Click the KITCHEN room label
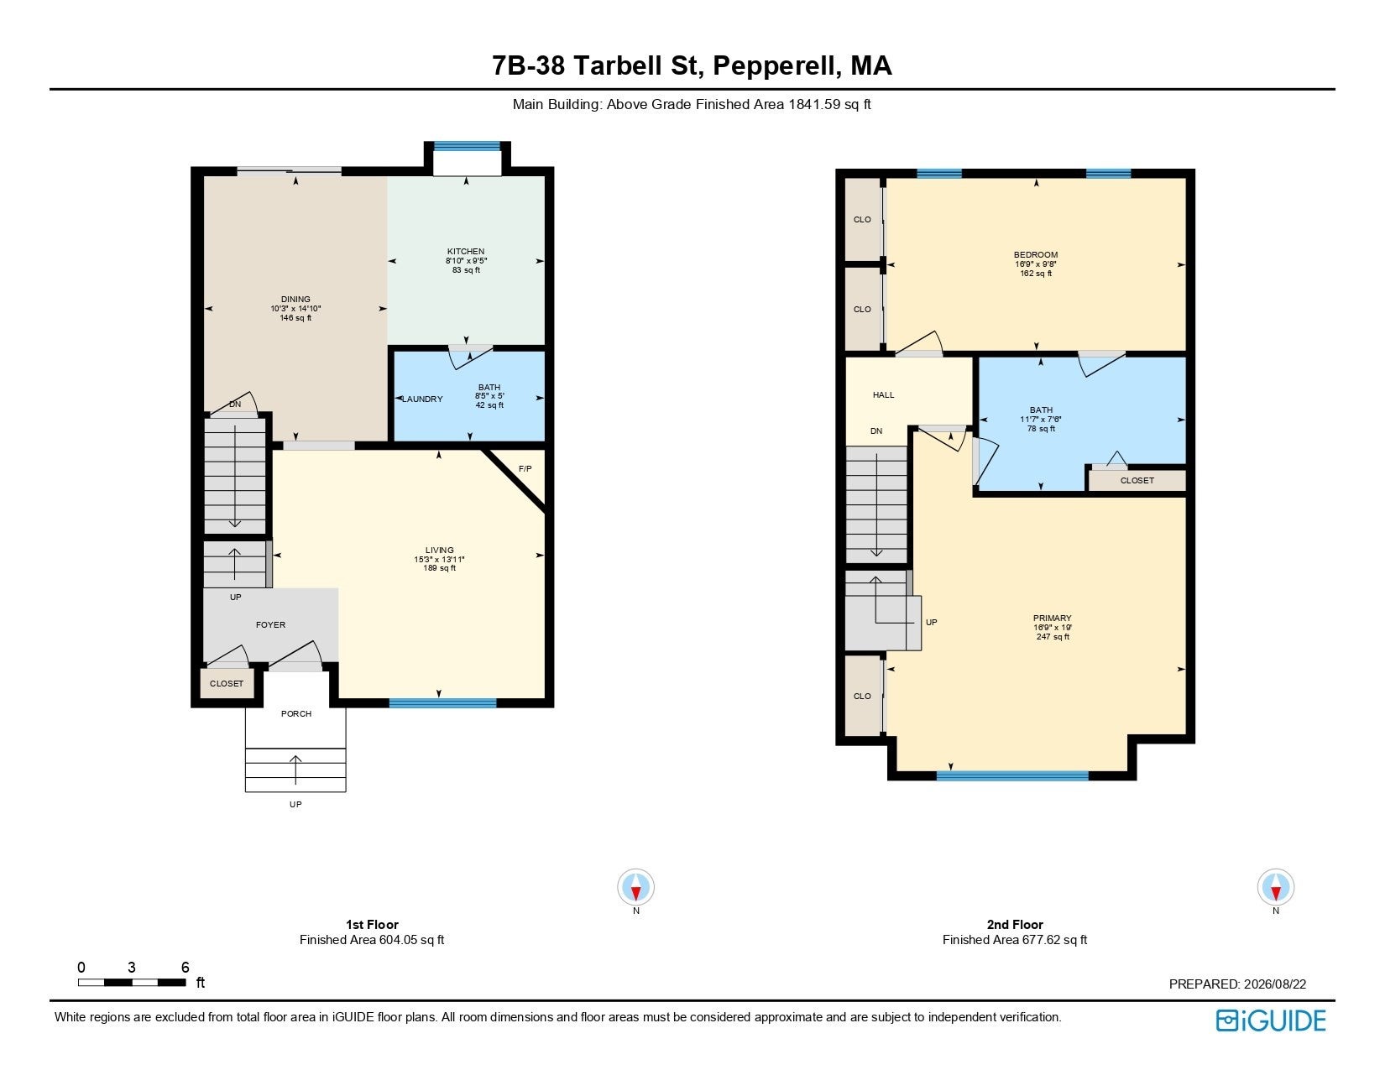pyautogui.click(x=465, y=251)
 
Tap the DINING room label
pyautogui.click(x=295, y=299)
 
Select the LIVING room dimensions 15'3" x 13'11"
pyautogui.click(x=439, y=560)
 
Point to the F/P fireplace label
pyautogui.click(x=525, y=469)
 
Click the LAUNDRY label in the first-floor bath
pyautogui.click(x=422, y=399)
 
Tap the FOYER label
pyautogui.click(x=271, y=624)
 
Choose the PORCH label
pyautogui.click(x=296, y=714)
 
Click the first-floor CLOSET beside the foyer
pyautogui.click(x=227, y=684)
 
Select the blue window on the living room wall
pyautogui.click(x=442, y=703)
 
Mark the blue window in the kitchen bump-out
pyautogui.click(x=468, y=146)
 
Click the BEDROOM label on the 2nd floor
pyautogui.click(x=1036, y=254)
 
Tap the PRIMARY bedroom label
pyautogui.click(x=1053, y=618)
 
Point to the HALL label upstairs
pyautogui.click(x=883, y=395)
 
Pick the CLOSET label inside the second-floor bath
pyautogui.click(x=1137, y=481)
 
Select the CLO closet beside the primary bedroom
pyautogui.click(x=862, y=696)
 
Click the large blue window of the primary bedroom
pyautogui.click(x=1012, y=775)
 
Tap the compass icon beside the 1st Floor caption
pyautogui.click(x=636, y=886)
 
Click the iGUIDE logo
pyautogui.click(x=1271, y=1020)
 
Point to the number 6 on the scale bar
pyautogui.click(x=186, y=968)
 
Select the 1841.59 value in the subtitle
pyautogui.click(x=814, y=105)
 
